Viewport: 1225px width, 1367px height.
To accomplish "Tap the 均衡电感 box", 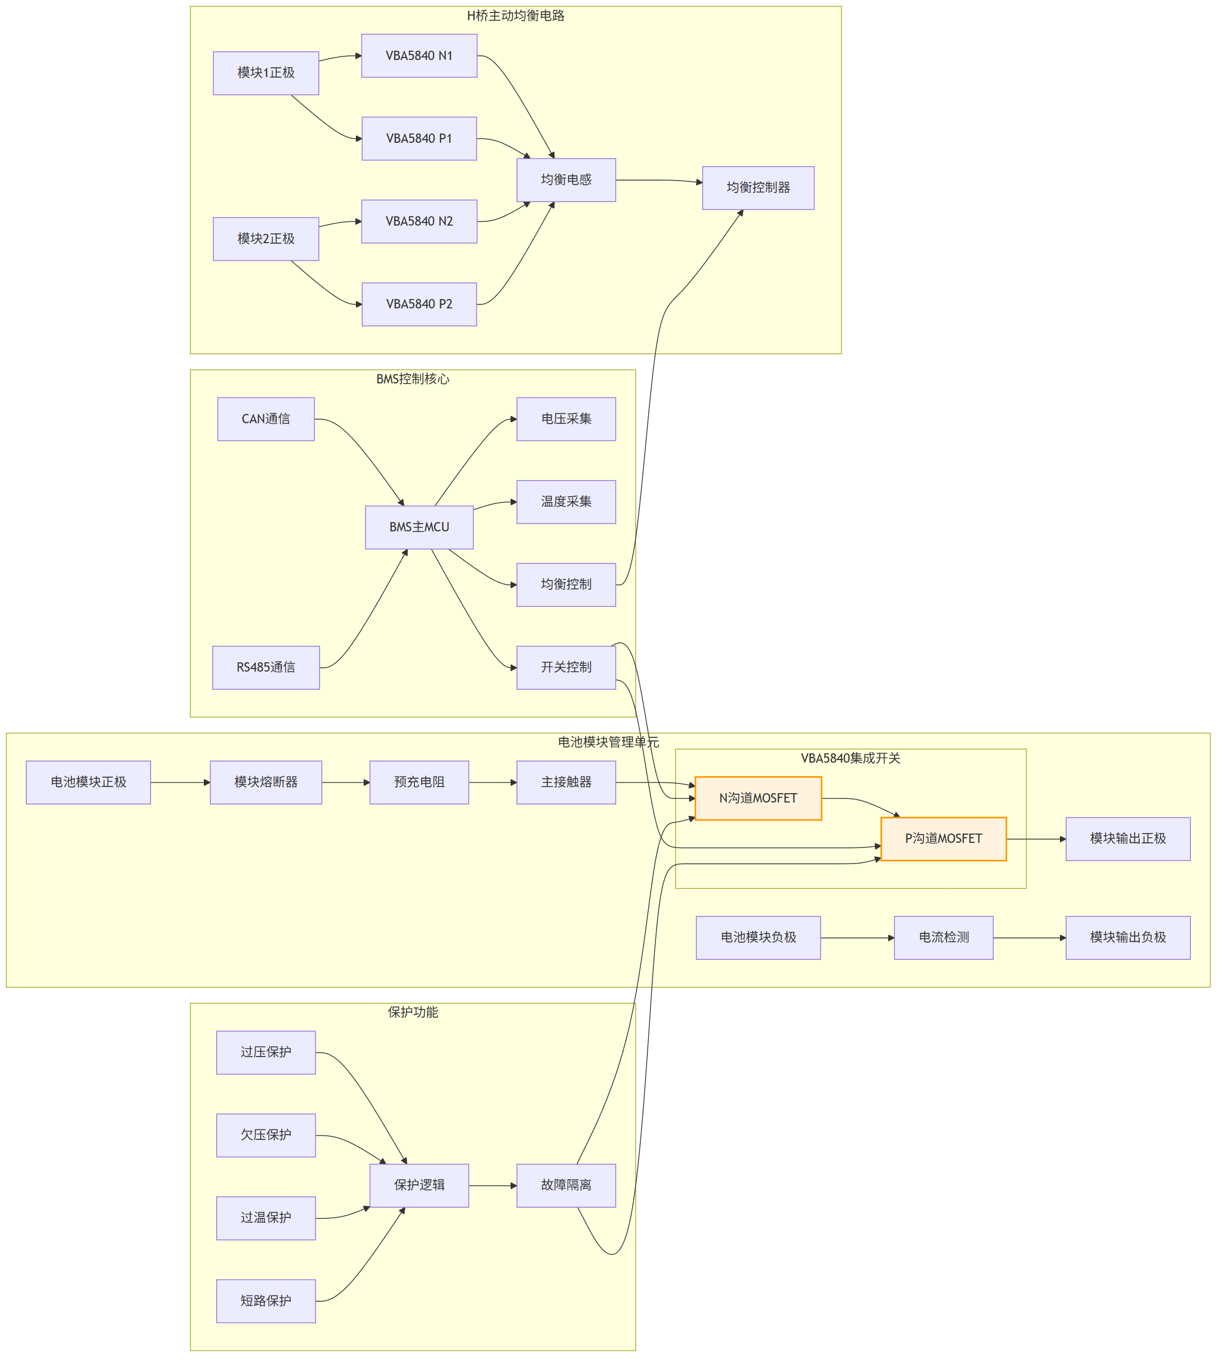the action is [566, 180].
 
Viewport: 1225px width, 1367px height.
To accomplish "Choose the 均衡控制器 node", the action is [758, 188].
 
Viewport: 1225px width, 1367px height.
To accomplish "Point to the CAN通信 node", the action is [266, 419].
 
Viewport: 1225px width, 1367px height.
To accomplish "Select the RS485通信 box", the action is [266, 667].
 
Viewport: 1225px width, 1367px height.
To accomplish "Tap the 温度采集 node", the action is [566, 501].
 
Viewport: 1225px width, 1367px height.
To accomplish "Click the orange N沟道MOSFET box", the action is [758, 798].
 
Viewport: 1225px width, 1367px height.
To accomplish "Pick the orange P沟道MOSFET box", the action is [943, 839].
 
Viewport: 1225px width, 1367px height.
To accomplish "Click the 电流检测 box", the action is [943, 938].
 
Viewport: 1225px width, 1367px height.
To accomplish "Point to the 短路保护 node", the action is [266, 1301].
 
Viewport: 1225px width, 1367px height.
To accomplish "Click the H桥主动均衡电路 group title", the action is [516, 16].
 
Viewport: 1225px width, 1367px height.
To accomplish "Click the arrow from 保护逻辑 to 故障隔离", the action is [492, 1185].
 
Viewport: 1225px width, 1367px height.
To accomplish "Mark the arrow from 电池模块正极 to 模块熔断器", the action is [181, 782].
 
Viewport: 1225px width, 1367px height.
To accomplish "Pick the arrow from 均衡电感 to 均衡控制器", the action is [660, 181].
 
